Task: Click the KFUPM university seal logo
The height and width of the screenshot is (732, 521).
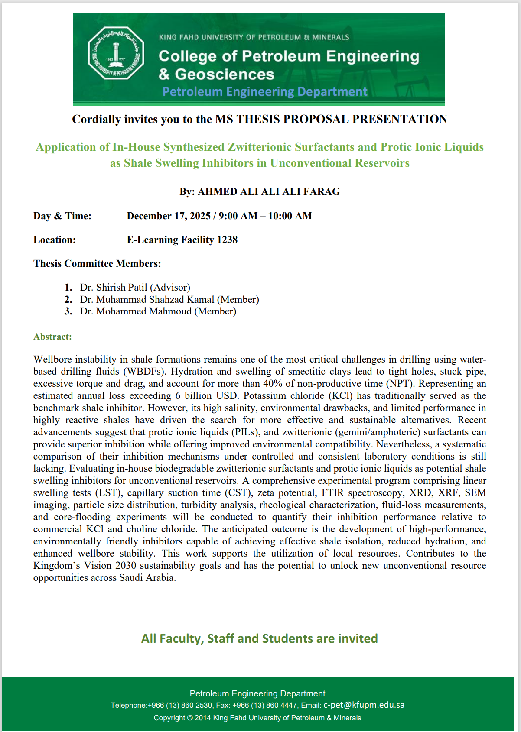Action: (116, 53)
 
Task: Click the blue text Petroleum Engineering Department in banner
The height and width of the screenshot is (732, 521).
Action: (265, 92)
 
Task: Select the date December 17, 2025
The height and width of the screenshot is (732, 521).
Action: (169, 216)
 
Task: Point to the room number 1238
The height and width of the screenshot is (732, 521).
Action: (227, 240)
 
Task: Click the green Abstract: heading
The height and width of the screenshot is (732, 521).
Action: (52, 337)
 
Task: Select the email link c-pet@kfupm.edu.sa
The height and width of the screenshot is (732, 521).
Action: (364, 705)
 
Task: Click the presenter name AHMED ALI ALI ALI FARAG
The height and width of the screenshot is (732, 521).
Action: (269, 191)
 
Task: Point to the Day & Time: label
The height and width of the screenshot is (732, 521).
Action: (62, 216)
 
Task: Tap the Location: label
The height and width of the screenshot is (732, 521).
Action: (55, 240)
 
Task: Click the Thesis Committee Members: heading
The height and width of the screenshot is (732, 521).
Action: (97, 263)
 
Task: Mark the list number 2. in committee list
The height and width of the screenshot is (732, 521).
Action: (68, 299)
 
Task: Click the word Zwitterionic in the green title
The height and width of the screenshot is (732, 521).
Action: (260, 147)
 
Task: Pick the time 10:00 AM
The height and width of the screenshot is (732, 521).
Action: (290, 216)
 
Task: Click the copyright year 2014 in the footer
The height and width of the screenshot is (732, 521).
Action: (203, 718)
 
